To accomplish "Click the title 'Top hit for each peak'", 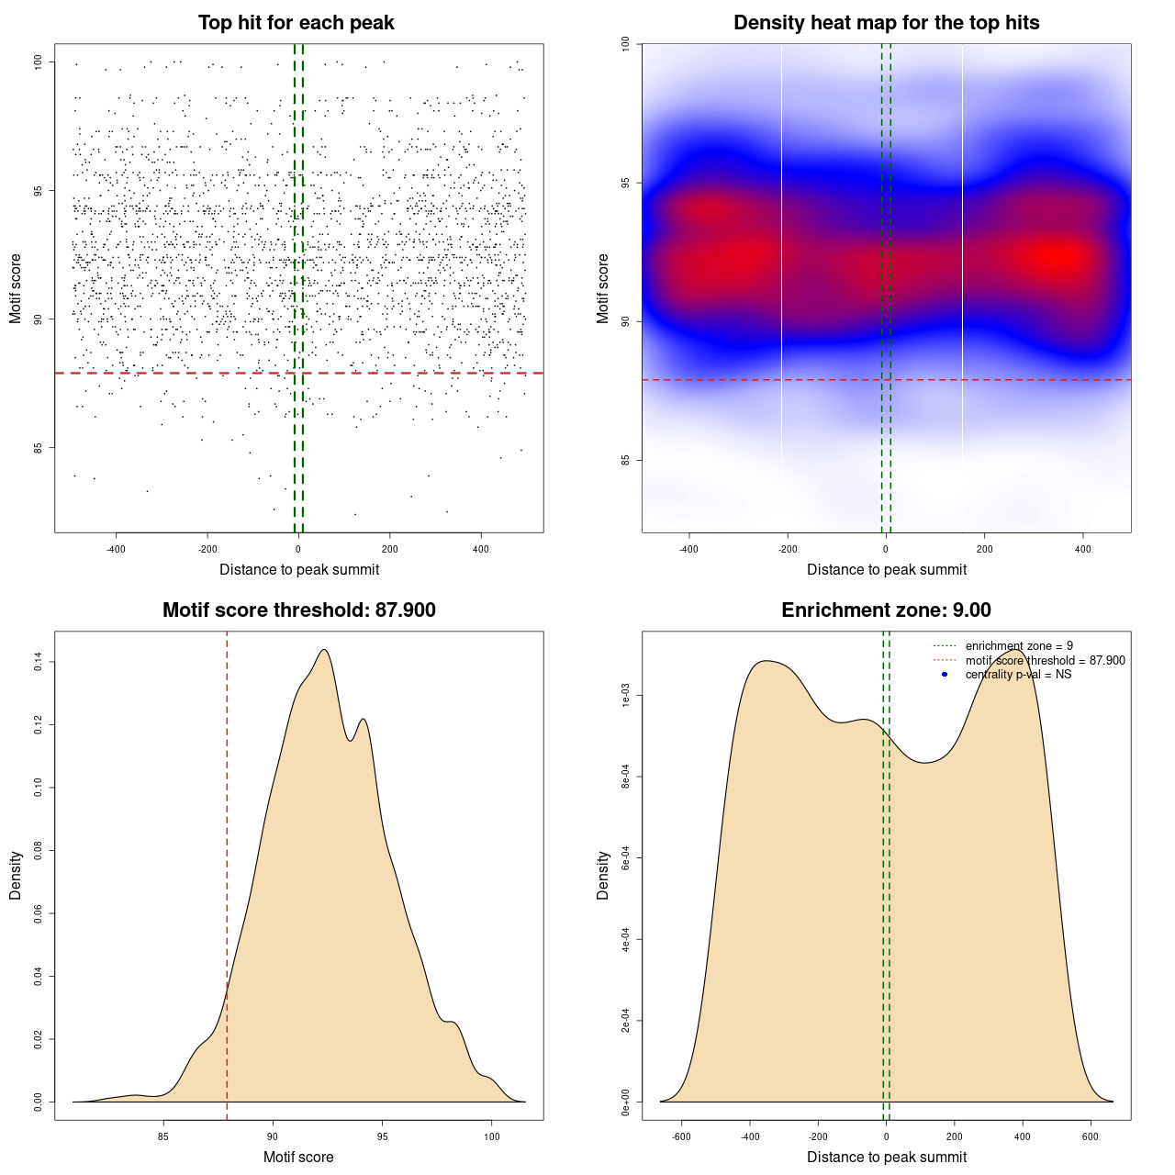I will coord(296,23).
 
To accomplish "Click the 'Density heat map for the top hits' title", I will coord(886,23).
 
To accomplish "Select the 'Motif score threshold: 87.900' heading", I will coord(298,610).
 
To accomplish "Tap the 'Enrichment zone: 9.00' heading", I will coord(886,610).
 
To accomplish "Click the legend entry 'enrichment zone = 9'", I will coord(1019,646).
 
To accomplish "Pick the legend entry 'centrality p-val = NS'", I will coord(1018,675).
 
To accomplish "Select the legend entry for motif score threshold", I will coord(1045,660).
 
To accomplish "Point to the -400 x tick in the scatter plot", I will coord(116,549).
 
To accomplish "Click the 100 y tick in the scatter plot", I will coord(38,62).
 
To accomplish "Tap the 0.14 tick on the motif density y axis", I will coord(38,662).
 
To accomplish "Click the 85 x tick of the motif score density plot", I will coord(163,1136).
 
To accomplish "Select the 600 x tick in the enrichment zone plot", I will coord(1091,1136).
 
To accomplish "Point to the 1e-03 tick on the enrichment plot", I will coord(625,696).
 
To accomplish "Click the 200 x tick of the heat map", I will coord(985,549).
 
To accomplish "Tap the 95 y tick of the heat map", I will coord(625,183).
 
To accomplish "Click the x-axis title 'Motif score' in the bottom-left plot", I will coord(298,1157).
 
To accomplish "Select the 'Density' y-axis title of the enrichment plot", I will coord(603,875).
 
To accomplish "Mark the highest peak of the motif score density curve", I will coord(324,650).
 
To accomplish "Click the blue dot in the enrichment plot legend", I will coord(945,675).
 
